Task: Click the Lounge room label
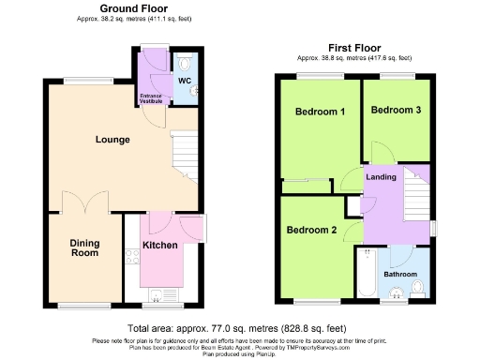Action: click(112, 140)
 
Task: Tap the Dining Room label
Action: click(84, 247)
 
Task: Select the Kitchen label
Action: click(159, 246)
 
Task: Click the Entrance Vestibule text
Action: click(151, 97)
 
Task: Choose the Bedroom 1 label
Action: click(320, 112)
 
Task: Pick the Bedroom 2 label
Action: click(311, 230)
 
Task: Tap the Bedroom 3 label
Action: click(396, 111)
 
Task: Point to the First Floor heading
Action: click(354, 47)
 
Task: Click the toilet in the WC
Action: click(185, 63)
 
